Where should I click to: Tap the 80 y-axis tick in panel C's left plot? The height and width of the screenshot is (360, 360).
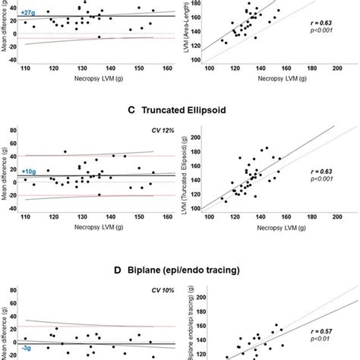[x=14, y=131]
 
